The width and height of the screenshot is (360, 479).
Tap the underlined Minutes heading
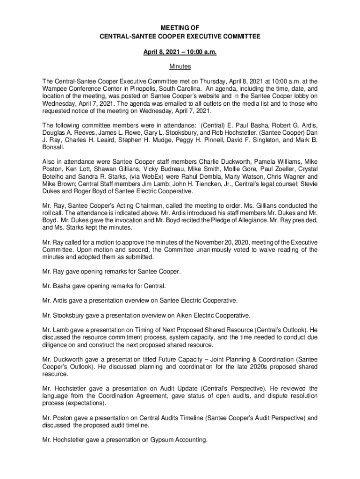click(x=180, y=67)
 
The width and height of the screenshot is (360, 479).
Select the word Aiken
click(x=187, y=315)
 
